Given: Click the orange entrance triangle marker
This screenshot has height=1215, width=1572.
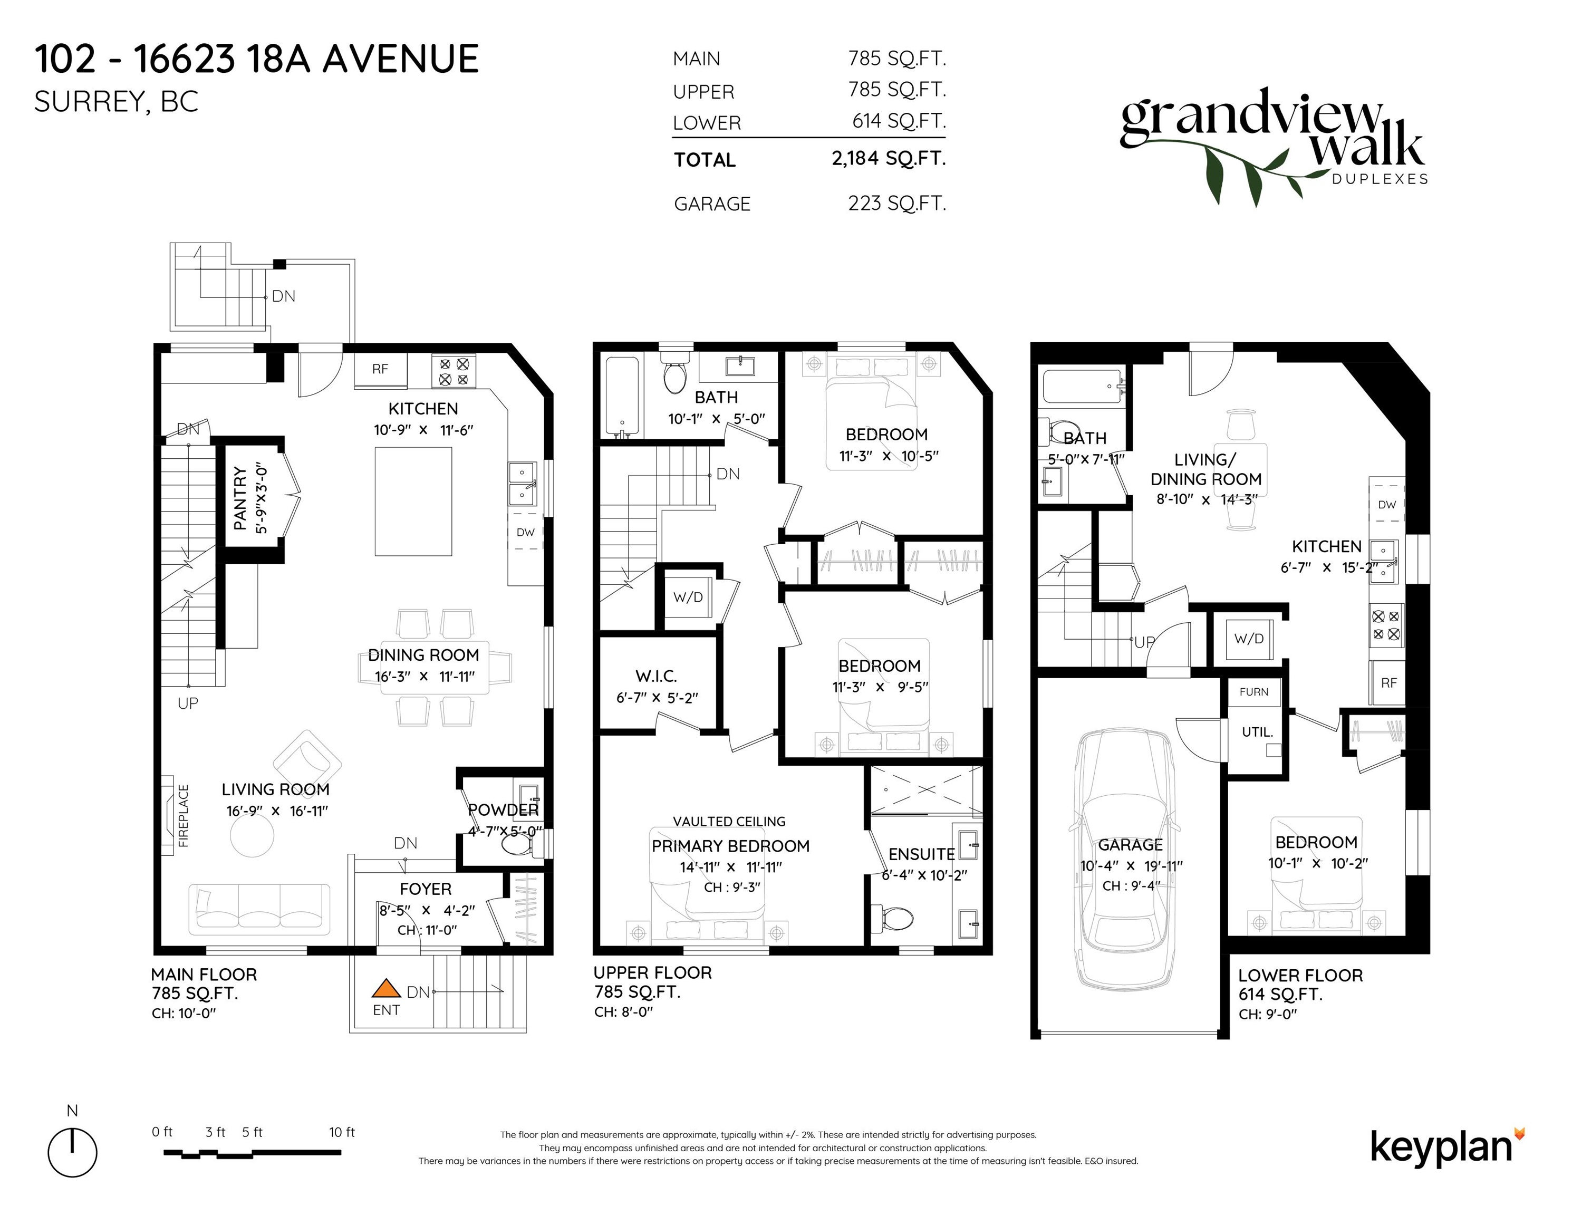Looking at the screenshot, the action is (386, 989).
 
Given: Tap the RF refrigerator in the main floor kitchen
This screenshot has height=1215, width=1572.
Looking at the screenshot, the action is (381, 370).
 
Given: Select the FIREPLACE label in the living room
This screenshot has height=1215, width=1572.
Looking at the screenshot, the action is (184, 815).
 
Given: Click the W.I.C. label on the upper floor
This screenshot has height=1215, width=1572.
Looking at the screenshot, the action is (657, 676).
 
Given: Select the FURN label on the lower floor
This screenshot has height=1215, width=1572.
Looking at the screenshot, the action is (1254, 692).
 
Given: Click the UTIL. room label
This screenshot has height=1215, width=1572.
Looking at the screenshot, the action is (1258, 732).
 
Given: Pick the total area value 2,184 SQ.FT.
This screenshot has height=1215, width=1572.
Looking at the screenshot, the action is (888, 158).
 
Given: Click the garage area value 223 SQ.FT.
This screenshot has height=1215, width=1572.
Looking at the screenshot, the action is (897, 204).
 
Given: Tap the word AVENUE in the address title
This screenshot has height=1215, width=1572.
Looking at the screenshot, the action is (401, 59).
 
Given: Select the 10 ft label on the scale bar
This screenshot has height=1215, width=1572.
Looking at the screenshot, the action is (342, 1132).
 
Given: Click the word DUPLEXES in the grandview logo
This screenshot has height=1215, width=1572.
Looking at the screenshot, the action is (1380, 180).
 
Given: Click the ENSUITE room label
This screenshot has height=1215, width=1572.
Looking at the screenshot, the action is (921, 854).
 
